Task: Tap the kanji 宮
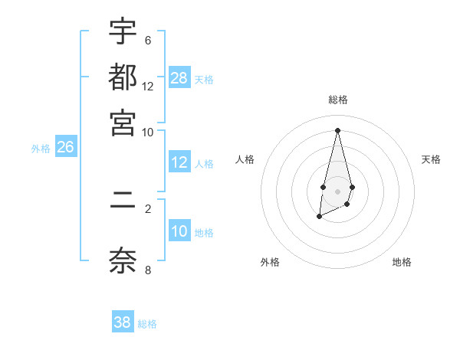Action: point(123,122)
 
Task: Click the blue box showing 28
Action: point(179,78)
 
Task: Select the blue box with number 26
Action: point(65,147)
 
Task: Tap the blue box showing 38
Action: point(123,322)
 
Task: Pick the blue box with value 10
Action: point(179,231)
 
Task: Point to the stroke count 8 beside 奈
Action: point(148,269)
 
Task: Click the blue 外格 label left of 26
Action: point(41,149)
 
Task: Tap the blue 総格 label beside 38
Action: point(147,324)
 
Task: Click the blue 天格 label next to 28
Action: point(204,80)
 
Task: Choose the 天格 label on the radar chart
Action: point(431,159)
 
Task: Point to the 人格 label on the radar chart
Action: point(245,159)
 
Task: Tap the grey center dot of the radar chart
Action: point(337,190)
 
